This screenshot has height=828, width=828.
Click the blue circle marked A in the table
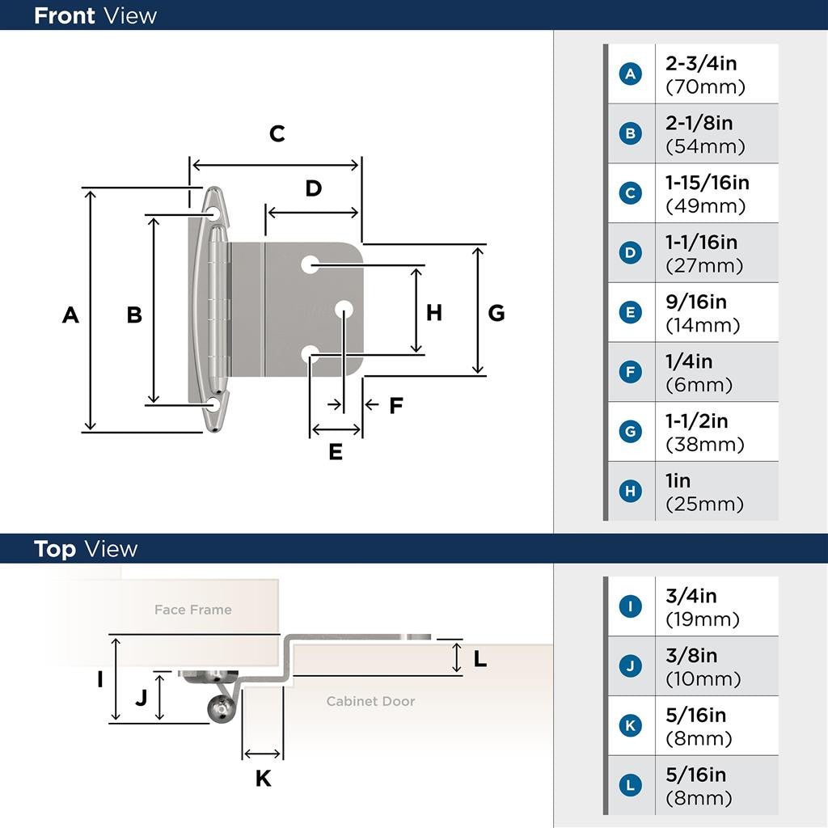pyautogui.click(x=630, y=74)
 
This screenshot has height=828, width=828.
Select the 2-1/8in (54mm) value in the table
pyautogui.click(x=705, y=134)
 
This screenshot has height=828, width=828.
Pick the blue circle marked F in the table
pyautogui.click(x=630, y=373)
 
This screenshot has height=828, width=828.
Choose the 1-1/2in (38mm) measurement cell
pyautogui.click(x=705, y=433)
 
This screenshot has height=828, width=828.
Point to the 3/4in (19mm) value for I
pyautogui.click(x=702, y=607)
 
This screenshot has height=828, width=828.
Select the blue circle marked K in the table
pyautogui.click(x=630, y=726)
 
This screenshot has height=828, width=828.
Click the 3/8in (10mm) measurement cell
pyautogui.click(x=702, y=667)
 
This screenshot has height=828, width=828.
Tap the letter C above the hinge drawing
pyautogui.click(x=277, y=134)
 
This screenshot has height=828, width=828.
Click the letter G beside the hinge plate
pyautogui.click(x=496, y=313)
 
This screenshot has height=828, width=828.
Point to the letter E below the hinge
pyautogui.click(x=336, y=452)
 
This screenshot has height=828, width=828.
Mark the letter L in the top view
pyautogui.click(x=479, y=659)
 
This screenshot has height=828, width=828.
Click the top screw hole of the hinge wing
pyautogui.click(x=213, y=213)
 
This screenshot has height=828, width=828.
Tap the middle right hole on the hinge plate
pyautogui.click(x=344, y=309)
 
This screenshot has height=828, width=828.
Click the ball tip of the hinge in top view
pyautogui.click(x=219, y=710)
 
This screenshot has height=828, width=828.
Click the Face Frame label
pyautogui.click(x=192, y=610)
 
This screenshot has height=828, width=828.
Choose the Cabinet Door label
pyautogui.click(x=370, y=701)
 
